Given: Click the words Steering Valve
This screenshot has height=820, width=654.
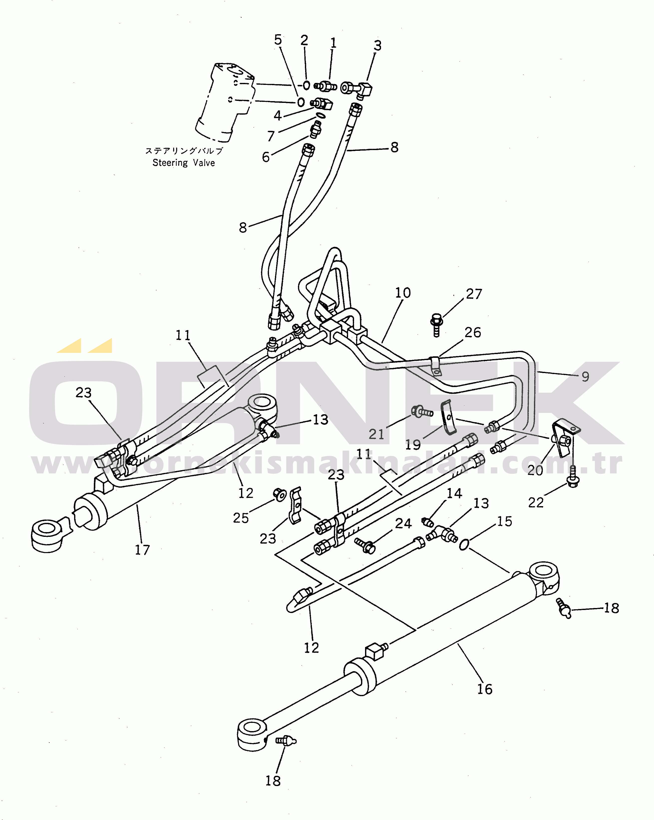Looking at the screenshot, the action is tap(184, 163).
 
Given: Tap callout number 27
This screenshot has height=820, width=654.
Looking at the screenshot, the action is tap(474, 294).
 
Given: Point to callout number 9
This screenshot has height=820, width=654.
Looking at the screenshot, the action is tap(585, 377).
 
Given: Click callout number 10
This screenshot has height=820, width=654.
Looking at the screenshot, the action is tap(403, 293).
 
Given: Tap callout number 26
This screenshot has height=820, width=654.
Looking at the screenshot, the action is tap(473, 332).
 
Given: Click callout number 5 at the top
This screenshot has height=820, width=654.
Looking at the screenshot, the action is tap(278, 39).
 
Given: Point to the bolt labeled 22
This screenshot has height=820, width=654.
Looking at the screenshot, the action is tap(573, 477).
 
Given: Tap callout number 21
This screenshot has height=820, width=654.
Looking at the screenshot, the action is tap(376, 434).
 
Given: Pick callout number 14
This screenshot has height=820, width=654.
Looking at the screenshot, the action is tap(454, 494).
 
